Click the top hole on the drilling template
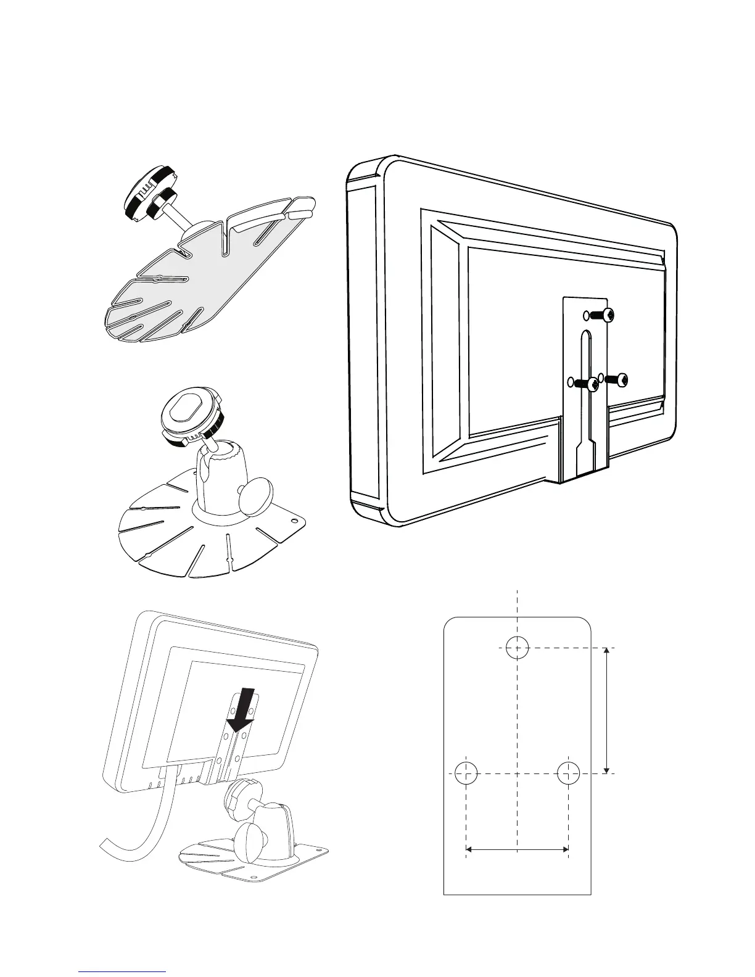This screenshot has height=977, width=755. [518, 648]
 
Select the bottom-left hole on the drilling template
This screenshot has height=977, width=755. [466, 773]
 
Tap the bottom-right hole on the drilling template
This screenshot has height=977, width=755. [568, 773]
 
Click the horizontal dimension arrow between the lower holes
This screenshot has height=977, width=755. [517, 850]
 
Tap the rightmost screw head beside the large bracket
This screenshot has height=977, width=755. [622, 380]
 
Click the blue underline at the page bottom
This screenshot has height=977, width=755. [123, 971]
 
